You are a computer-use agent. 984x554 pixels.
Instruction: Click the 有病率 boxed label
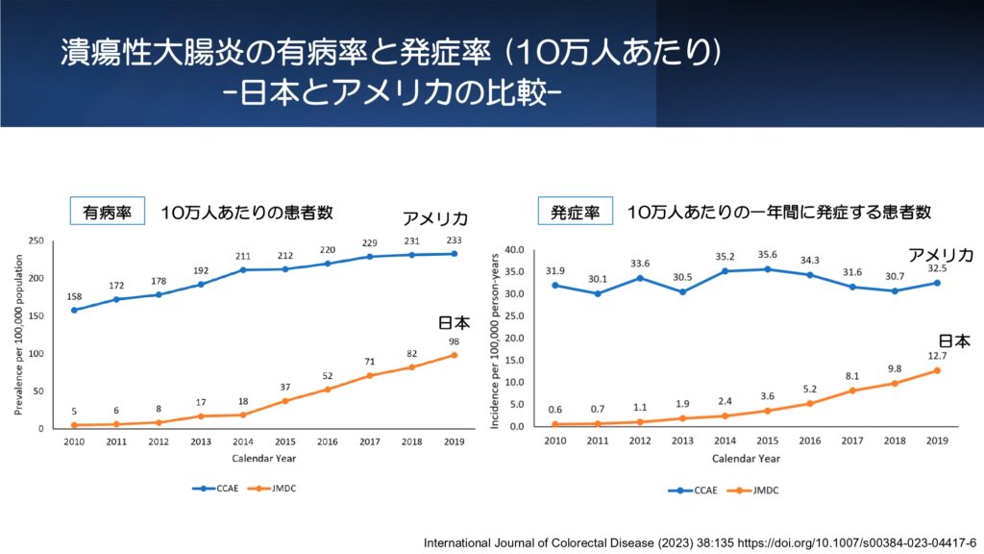(x=107, y=213)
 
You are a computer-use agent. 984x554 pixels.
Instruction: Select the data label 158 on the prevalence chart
(x=74, y=296)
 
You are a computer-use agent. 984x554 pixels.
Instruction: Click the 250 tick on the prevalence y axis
(x=37, y=240)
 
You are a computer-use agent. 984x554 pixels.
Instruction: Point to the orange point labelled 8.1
(x=851, y=390)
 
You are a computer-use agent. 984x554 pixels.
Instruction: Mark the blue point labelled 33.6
(x=640, y=278)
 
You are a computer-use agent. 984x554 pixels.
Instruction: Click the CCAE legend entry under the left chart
(x=214, y=489)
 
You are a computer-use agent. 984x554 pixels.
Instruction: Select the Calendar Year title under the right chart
(x=747, y=458)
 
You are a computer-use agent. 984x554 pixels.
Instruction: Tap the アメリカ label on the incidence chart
(x=942, y=255)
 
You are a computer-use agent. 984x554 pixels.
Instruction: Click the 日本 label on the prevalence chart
(x=455, y=324)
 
